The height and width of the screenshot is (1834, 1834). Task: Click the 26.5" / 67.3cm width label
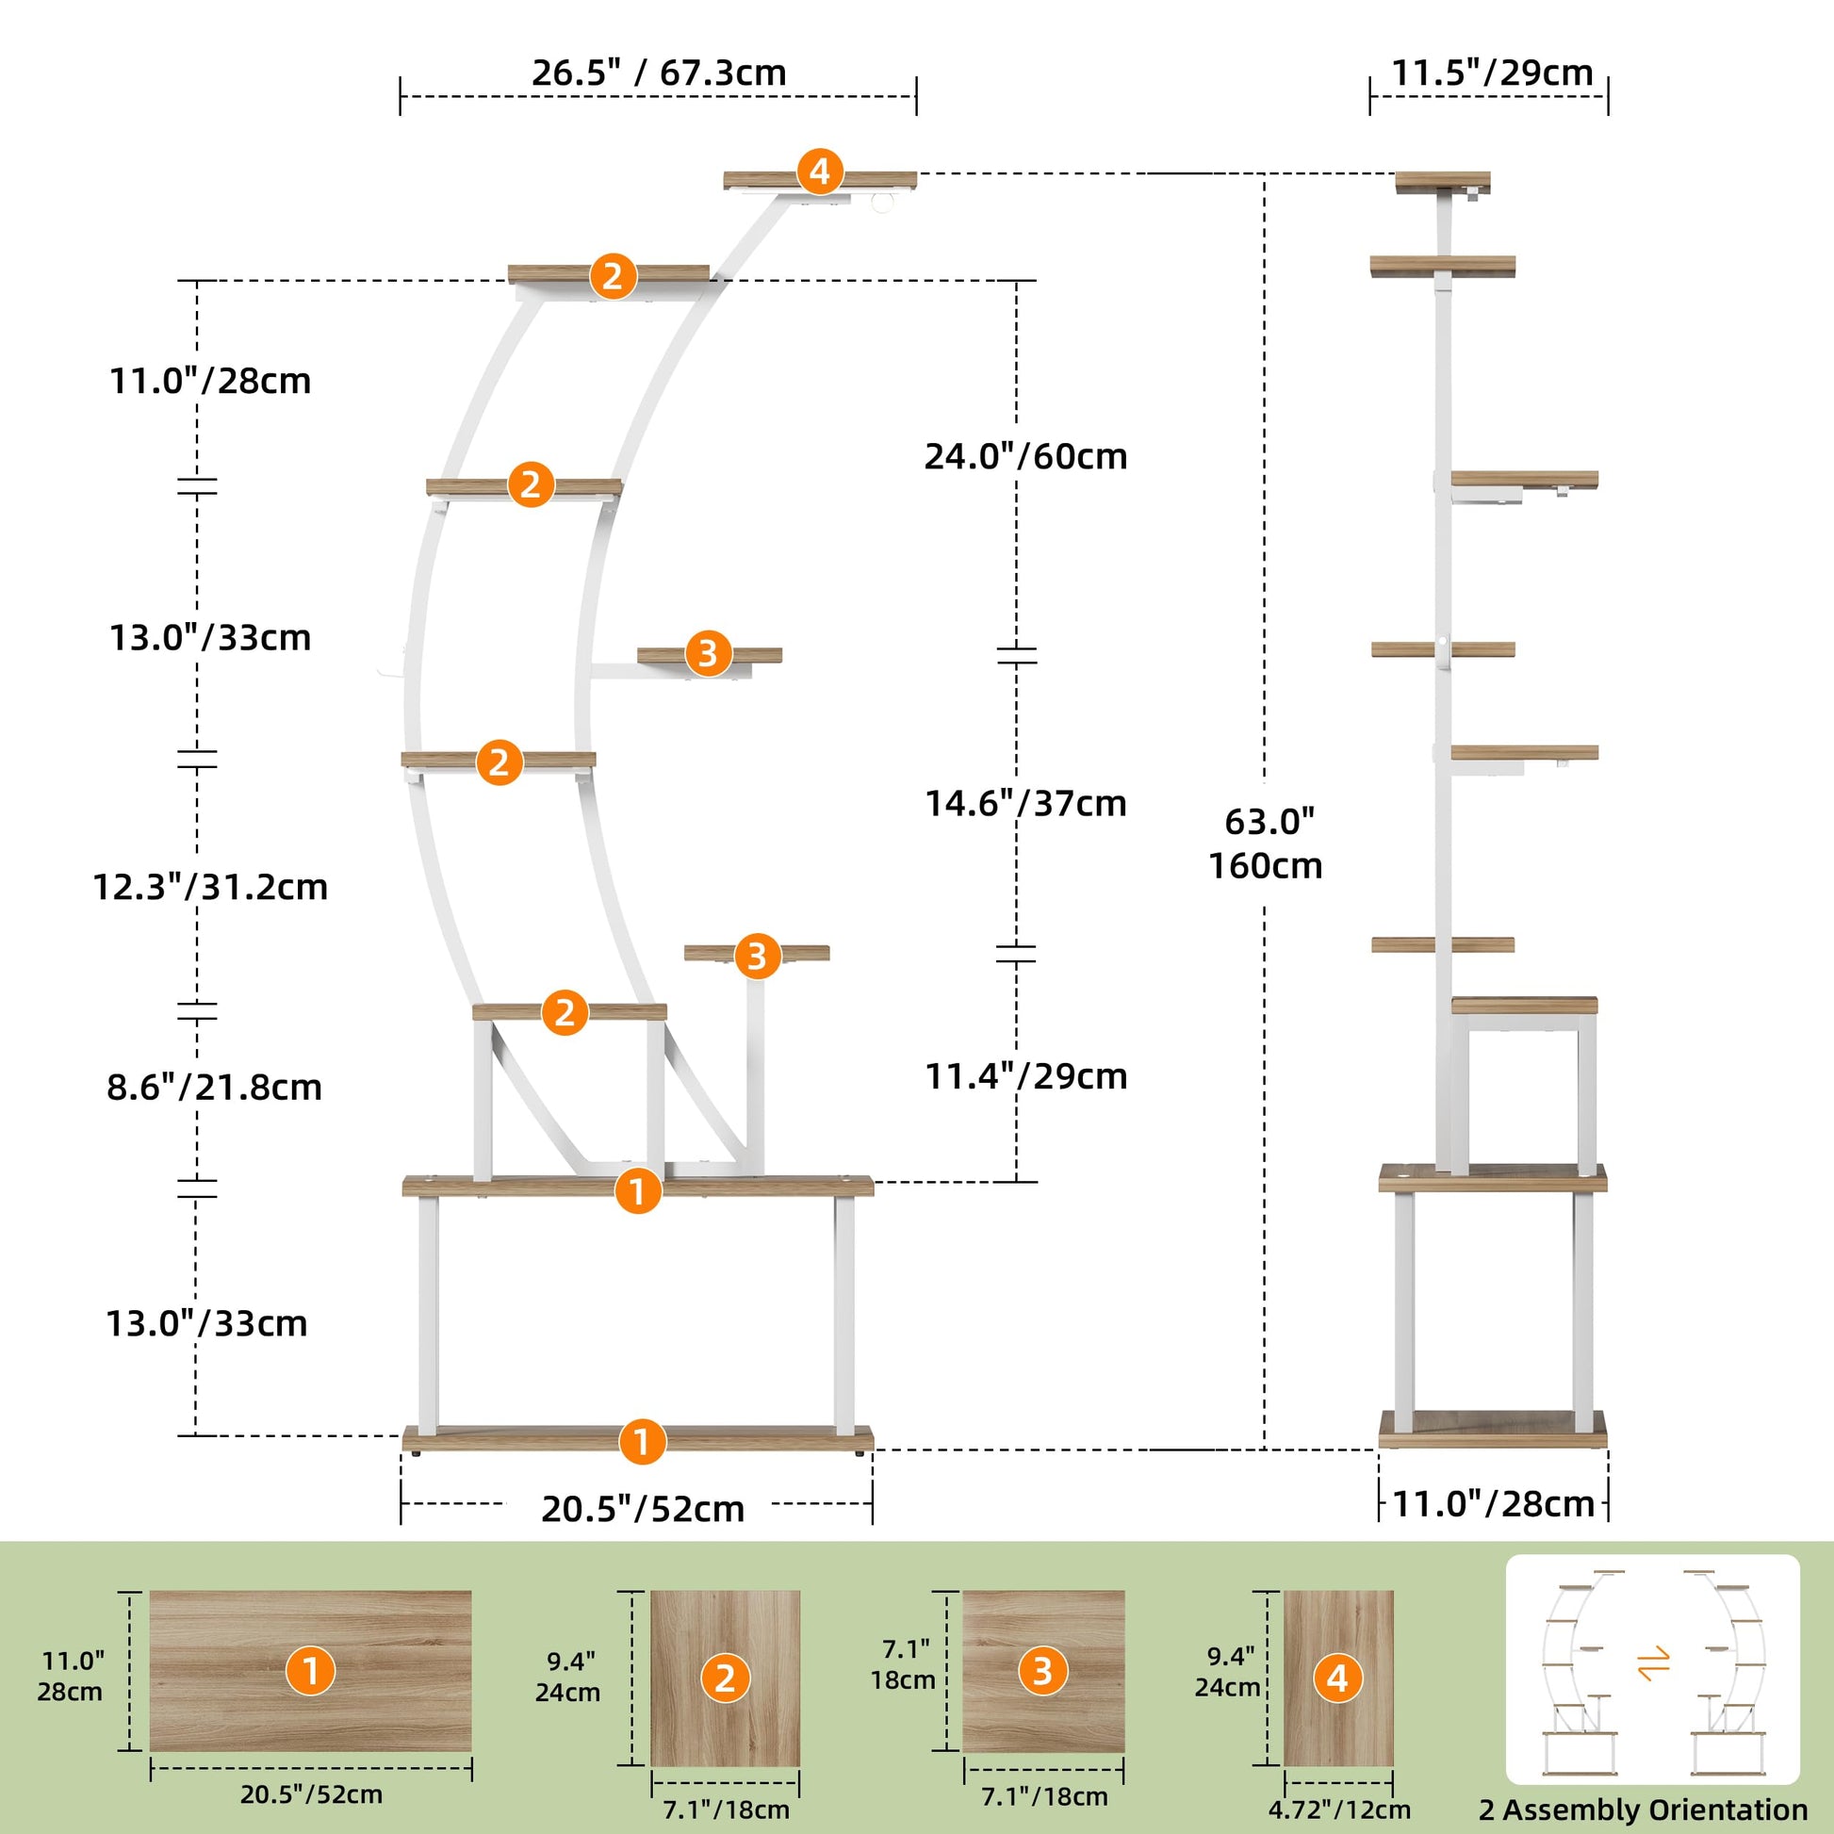[x=659, y=74]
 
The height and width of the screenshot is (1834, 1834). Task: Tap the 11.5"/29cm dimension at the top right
[x=1491, y=74]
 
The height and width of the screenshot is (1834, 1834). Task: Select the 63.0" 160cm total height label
[x=1267, y=843]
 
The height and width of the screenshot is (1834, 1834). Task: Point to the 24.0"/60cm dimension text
[x=1026, y=456]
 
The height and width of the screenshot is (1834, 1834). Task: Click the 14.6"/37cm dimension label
[x=1026, y=804]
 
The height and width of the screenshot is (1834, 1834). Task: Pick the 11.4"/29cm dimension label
[x=1026, y=1076]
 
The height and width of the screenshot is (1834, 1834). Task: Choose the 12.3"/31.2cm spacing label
[x=210, y=887]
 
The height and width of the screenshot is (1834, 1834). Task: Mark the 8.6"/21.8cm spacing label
[x=215, y=1087]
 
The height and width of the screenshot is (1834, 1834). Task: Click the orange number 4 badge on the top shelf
[x=819, y=172]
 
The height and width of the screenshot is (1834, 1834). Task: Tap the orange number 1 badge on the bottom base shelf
[x=642, y=1441]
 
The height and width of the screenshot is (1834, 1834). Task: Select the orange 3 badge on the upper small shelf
[x=707, y=653]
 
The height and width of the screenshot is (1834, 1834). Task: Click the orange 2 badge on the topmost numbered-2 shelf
[x=613, y=276]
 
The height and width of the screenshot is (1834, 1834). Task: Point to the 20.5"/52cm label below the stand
[x=643, y=1510]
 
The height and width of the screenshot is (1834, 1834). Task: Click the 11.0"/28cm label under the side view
[x=1492, y=1504]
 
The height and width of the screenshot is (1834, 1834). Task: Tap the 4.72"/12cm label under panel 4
[x=1339, y=1809]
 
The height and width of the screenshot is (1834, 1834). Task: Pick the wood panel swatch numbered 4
[x=1337, y=1678]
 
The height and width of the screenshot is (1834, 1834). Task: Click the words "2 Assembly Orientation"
[x=1644, y=1810]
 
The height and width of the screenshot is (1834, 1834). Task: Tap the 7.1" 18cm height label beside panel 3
[x=903, y=1664]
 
